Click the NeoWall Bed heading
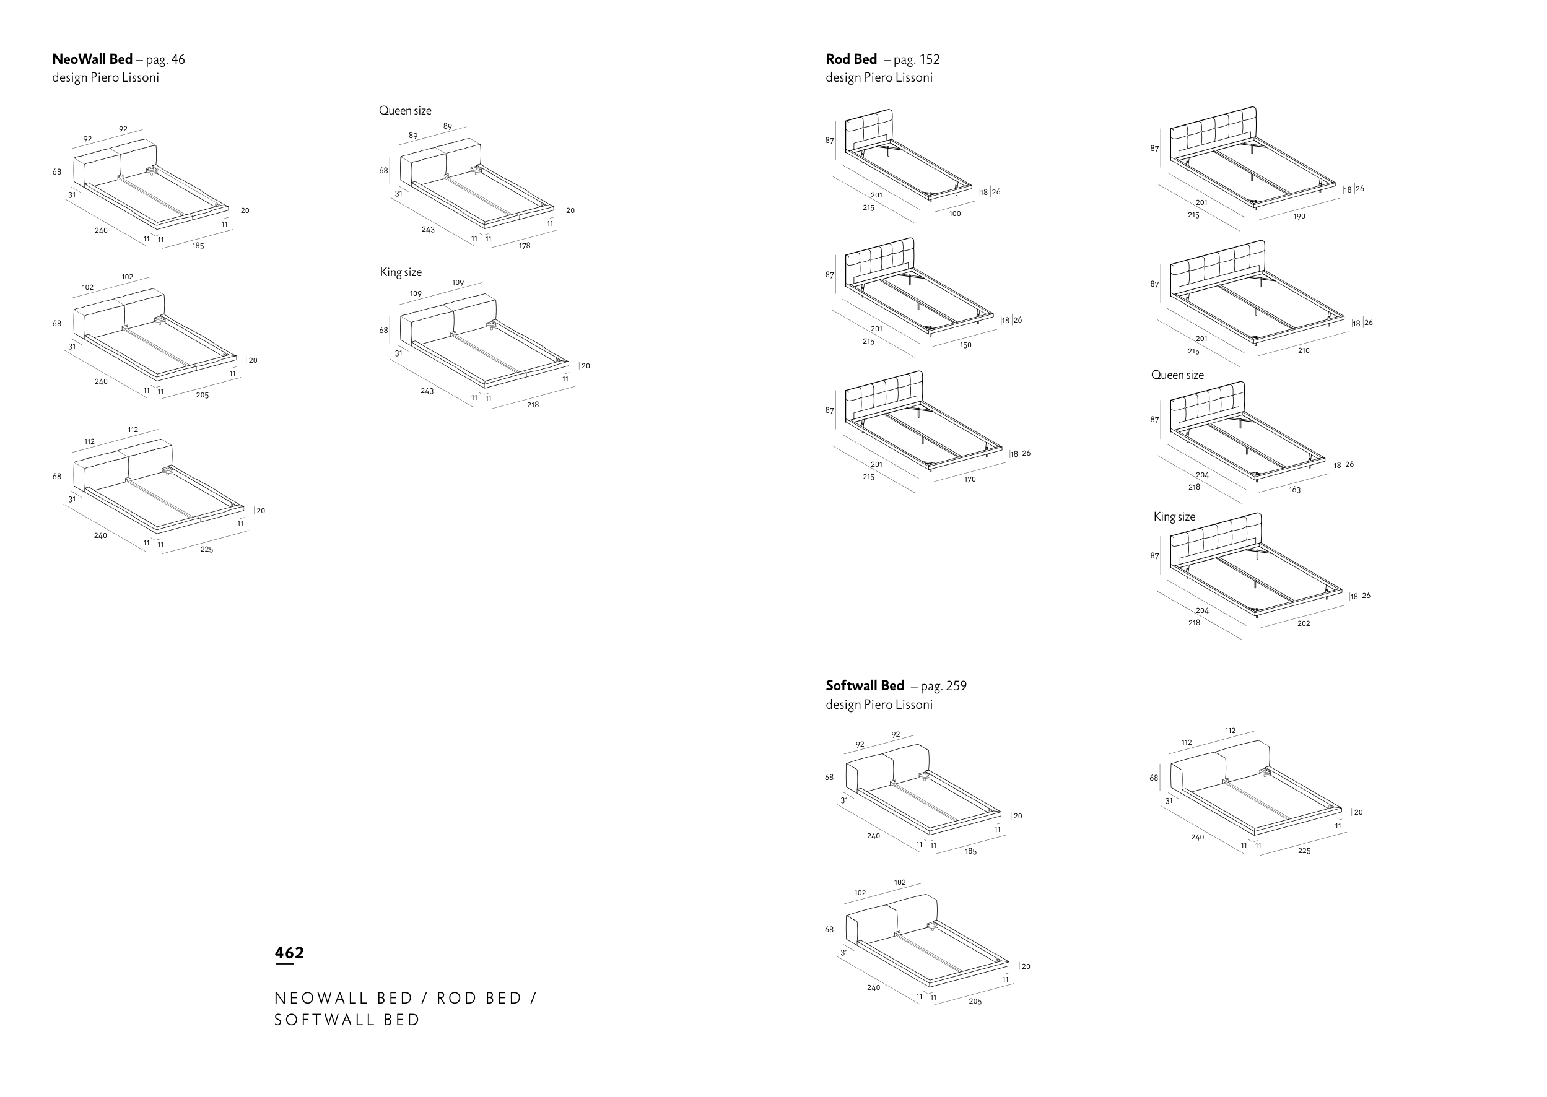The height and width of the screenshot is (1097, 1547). click(92, 59)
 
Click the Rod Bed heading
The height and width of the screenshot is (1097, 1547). click(851, 59)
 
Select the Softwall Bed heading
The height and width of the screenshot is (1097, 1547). click(865, 686)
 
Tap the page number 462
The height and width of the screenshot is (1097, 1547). click(289, 953)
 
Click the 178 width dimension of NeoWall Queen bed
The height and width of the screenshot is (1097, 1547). click(525, 246)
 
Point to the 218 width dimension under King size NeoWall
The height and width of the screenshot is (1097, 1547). click(533, 405)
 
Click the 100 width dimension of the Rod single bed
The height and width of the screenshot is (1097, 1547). click(954, 214)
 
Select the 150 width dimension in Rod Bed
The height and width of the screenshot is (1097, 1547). click(966, 345)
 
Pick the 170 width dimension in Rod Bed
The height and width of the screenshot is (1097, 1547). click(970, 480)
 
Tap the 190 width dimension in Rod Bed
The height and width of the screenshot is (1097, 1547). click(1299, 217)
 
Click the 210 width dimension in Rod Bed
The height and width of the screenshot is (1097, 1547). click(1304, 350)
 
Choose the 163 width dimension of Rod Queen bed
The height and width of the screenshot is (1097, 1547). click(1294, 490)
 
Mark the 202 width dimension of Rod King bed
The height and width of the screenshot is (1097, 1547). click(1304, 623)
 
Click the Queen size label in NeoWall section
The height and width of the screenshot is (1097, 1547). click(404, 111)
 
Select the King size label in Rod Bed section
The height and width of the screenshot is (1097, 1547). click(1174, 517)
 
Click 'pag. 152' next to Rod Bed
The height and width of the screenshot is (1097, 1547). click(916, 59)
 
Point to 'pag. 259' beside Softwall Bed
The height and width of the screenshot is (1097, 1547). click(943, 687)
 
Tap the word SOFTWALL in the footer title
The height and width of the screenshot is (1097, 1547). click(322, 1020)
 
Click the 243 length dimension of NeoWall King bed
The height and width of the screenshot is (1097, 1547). click(427, 391)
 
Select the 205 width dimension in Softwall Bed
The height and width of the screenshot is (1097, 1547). click(975, 1001)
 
